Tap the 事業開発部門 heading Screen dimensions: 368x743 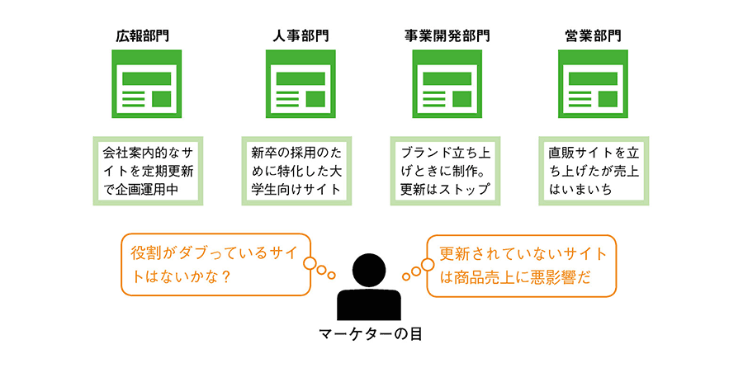(x=447, y=36)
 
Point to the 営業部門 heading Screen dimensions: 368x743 (x=594, y=36)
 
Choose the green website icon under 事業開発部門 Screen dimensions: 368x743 (x=447, y=85)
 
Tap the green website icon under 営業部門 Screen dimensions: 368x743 (x=593, y=85)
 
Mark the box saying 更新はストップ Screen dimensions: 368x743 (x=447, y=171)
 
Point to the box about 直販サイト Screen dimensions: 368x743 (x=593, y=171)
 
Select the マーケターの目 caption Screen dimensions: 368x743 (x=369, y=334)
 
